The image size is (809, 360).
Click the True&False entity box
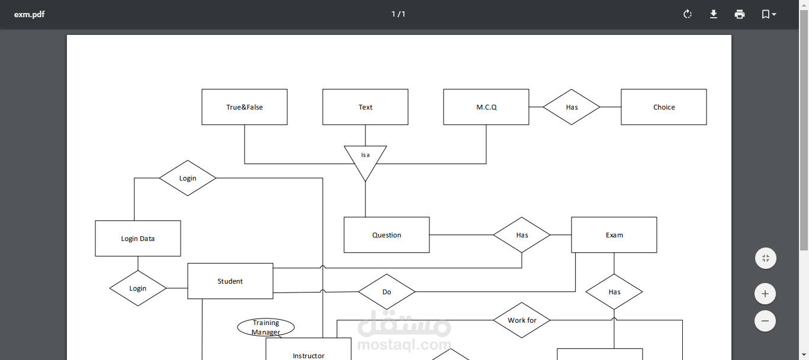245,107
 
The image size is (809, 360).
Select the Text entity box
365,107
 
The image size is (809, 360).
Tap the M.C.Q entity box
486,107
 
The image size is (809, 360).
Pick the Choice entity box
663,107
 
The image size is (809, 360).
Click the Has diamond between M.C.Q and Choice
572,107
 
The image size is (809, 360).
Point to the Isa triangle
365,159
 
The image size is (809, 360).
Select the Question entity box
387,235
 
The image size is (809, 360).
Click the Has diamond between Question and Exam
522,235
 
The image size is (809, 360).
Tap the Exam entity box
614,235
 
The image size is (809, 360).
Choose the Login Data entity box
138,239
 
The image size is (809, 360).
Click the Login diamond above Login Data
188,178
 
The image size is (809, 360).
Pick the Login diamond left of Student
138,288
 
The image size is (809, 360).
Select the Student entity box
230,281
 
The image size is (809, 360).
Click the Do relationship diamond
387,292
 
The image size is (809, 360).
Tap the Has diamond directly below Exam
614,292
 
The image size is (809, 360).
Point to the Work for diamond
522,320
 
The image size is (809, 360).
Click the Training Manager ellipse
266,327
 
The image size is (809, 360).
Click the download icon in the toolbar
714,14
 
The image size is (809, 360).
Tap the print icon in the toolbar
740,14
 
